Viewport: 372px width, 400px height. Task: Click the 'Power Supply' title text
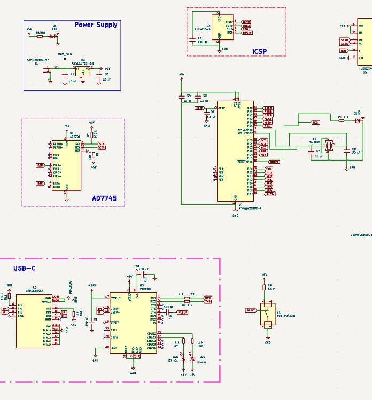click(96, 25)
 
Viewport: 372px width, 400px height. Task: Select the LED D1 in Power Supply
click(52, 36)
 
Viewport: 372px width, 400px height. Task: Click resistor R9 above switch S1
click(264, 288)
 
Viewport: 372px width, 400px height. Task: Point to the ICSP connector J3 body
click(219, 27)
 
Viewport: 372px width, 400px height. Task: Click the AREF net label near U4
click(199, 108)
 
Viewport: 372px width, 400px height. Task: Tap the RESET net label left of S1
click(251, 309)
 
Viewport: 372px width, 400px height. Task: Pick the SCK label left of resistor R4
click(315, 123)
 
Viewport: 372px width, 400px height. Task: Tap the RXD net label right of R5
click(208, 298)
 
